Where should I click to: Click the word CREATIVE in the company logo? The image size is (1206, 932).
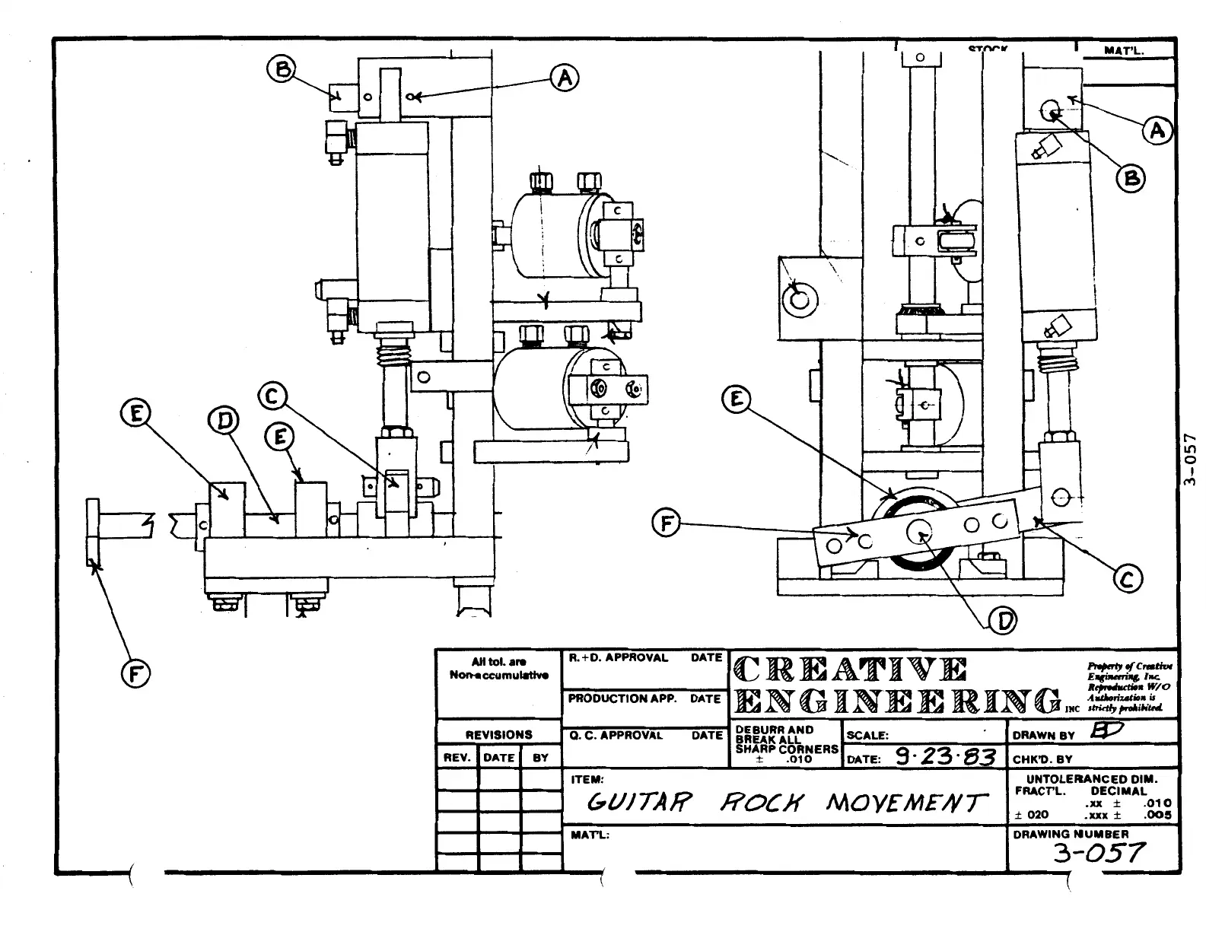click(x=851, y=669)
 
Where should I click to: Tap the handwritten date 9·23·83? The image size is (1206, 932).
click(x=944, y=757)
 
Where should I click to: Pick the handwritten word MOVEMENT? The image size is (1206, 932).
click(x=906, y=803)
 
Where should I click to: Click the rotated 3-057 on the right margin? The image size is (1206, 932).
click(x=1192, y=460)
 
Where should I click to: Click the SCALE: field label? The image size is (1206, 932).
click(x=867, y=736)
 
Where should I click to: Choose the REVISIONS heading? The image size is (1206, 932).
click(x=499, y=735)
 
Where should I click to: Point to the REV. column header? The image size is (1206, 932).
click(x=457, y=758)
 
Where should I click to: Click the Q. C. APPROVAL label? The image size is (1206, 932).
click(x=616, y=736)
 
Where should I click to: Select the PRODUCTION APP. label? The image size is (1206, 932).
click(x=622, y=698)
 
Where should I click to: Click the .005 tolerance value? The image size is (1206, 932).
click(x=1158, y=815)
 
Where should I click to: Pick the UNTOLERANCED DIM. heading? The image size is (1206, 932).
click(x=1092, y=779)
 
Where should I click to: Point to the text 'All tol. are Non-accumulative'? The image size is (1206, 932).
click(x=498, y=668)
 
